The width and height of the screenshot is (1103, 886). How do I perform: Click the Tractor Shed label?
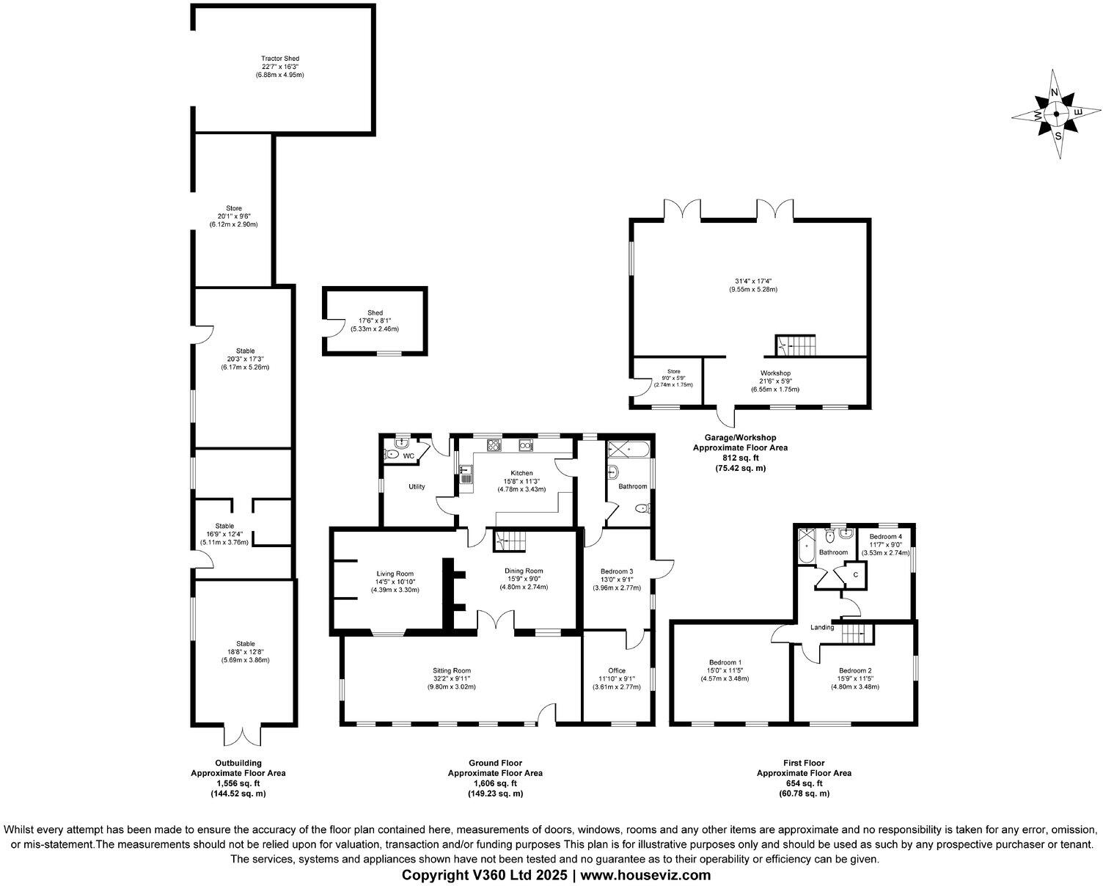(280, 59)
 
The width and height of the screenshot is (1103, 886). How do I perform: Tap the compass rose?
(1056, 114)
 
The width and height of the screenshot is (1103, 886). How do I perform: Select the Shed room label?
(375, 313)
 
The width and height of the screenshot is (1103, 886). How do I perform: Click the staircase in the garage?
(796, 344)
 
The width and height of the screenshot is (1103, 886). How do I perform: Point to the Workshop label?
(774, 373)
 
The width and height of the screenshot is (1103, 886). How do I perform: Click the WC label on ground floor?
(408, 456)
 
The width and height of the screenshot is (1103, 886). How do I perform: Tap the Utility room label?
(417, 486)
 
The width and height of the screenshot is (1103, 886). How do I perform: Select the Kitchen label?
(521, 473)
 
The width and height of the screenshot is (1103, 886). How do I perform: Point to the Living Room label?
(395, 574)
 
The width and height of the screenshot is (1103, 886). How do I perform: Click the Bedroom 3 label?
(616, 571)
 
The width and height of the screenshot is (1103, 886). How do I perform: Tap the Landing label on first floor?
(822, 627)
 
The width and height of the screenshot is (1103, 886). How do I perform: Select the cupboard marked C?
(855, 574)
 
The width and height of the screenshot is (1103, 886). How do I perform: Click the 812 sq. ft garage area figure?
(740, 458)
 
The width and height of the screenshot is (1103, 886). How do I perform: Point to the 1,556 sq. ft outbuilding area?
(238, 783)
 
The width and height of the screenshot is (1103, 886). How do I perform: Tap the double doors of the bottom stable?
(242, 735)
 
